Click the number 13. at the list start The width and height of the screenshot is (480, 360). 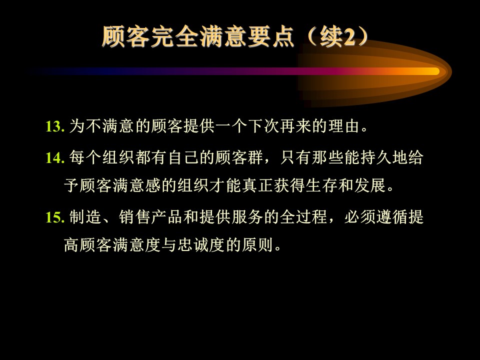(55, 126)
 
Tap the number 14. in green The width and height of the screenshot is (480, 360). (55, 158)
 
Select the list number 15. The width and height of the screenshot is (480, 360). (55, 217)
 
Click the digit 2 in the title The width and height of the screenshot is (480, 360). (350, 36)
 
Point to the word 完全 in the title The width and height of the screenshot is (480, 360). (175, 36)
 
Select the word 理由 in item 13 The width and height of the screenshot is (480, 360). (344, 126)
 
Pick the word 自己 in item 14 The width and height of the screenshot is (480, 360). (183, 157)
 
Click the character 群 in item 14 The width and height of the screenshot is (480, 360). (256, 157)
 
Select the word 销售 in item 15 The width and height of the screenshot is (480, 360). (134, 217)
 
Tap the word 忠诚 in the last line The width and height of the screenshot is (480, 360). (193, 245)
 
